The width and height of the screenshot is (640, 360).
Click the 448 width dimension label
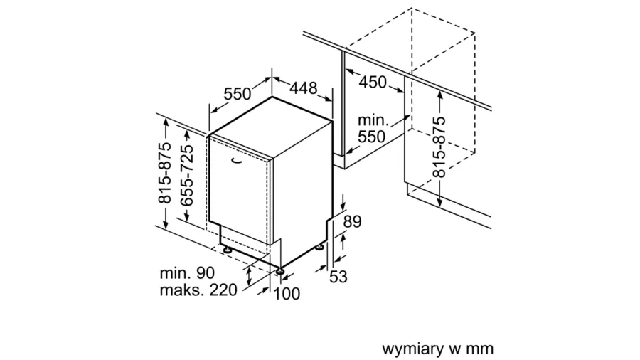pyautogui.click(x=303, y=89)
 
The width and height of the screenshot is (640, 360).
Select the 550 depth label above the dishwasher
pyautogui.click(x=238, y=94)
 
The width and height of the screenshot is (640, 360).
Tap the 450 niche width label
pyautogui.click(x=373, y=82)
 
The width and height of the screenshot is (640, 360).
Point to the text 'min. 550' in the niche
pyautogui.click(x=371, y=128)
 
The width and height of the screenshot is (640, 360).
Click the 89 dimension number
pyautogui.click(x=353, y=222)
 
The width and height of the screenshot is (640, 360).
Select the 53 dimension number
pyautogui.click(x=338, y=277)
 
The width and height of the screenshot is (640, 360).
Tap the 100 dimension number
pyautogui.click(x=287, y=293)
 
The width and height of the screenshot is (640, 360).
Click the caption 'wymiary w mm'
pyautogui.click(x=437, y=349)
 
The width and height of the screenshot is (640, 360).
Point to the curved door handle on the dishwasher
pyautogui.click(x=235, y=162)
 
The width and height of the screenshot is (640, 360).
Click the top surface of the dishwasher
pyautogui.click(x=270, y=132)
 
